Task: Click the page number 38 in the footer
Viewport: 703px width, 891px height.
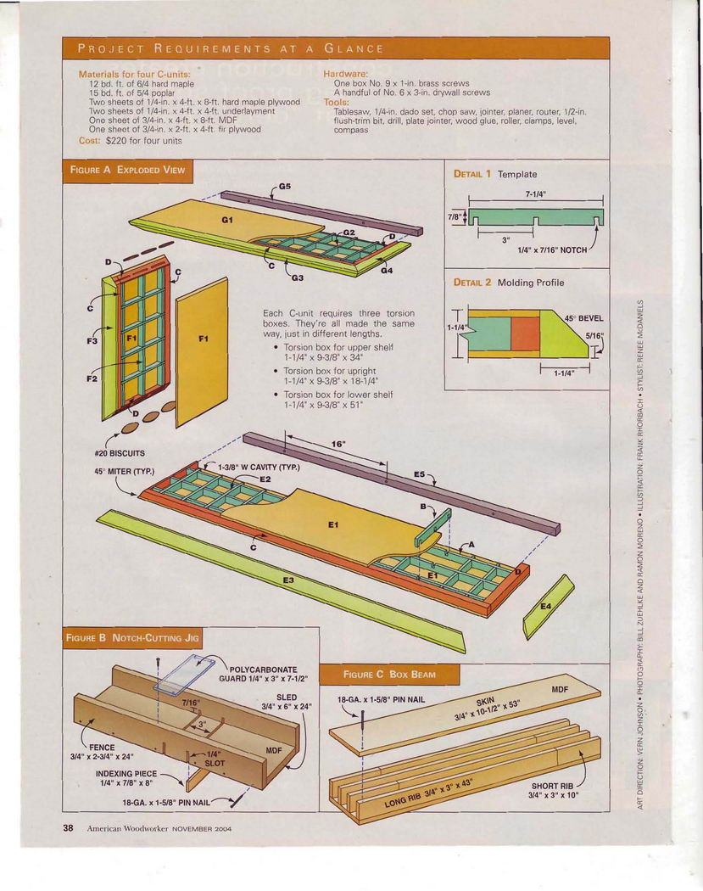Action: coord(68,828)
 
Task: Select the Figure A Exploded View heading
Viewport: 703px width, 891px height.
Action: coord(127,170)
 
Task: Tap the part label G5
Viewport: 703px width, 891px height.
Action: coord(284,186)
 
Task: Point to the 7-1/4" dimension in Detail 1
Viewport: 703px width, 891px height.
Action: coord(535,193)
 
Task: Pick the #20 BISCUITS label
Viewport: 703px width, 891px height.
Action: coord(120,453)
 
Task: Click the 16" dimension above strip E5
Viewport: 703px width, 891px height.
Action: coord(338,444)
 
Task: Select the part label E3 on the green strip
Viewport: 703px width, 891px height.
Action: coord(288,580)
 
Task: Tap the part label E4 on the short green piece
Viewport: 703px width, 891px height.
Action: coord(546,607)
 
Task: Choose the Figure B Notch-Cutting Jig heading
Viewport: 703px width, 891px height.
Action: coord(132,637)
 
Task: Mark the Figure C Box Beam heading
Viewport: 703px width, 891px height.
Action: coord(389,675)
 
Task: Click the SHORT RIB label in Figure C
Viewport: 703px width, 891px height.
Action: coord(553,787)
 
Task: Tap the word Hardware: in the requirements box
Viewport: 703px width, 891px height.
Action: coord(345,74)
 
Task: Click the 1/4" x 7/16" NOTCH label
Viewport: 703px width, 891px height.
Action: coord(552,249)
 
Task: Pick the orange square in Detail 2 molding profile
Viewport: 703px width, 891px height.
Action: coord(525,333)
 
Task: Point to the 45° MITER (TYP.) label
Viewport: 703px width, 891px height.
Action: coord(125,471)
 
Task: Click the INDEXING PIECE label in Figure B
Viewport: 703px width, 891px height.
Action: coord(126,773)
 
